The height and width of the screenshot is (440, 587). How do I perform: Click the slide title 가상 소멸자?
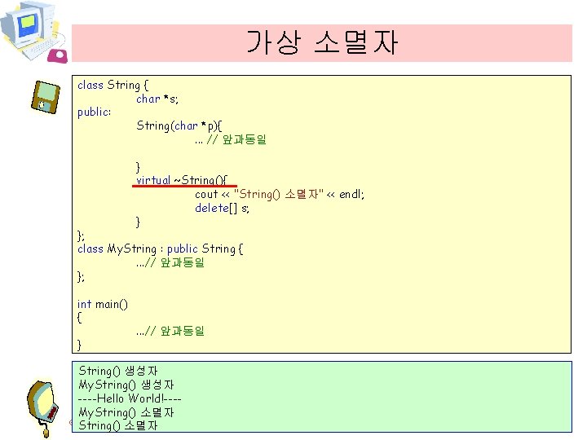tap(322, 42)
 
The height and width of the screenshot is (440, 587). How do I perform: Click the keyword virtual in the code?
tap(153, 180)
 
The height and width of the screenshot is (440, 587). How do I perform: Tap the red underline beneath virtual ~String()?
tap(183, 186)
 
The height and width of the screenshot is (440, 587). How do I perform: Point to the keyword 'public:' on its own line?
tap(94, 112)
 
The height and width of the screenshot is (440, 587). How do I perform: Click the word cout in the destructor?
tap(206, 194)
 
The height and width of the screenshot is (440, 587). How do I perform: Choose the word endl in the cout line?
tap(351, 194)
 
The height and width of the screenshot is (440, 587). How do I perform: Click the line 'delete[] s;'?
tap(222, 208)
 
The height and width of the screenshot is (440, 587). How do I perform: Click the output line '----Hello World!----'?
tap(130, 398)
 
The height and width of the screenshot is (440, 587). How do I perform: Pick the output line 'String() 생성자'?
tap(118, 371)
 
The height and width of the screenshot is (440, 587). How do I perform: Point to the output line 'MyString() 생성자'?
tap(126, 384)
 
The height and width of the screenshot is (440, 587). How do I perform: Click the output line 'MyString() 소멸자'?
tap(126, 411)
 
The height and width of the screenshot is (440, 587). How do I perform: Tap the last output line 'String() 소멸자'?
tap(118, 425)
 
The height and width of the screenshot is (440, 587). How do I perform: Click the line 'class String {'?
tap(113, 85)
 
